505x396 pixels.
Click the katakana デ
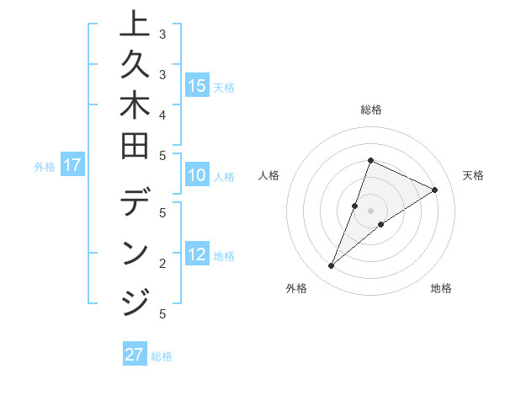coord(136,206)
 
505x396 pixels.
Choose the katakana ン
coord(136,254)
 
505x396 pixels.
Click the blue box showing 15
coord(197,86)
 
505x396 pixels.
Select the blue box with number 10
coord(197,176)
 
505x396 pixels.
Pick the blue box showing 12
coord(197,255)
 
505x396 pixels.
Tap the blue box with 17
coord(72,166)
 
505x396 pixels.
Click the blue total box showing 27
coord(135,355)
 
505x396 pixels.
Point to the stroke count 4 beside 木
coord(162,114)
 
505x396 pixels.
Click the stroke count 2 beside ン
coord(162,263)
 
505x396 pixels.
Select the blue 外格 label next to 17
coord(45,167)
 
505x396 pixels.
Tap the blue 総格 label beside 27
coord(162,356)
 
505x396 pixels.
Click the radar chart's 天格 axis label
coord(473,175)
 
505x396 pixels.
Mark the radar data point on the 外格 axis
coord(331,266)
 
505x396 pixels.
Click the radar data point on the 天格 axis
coord(434,190)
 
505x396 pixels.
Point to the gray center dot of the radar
coord(370,210)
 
